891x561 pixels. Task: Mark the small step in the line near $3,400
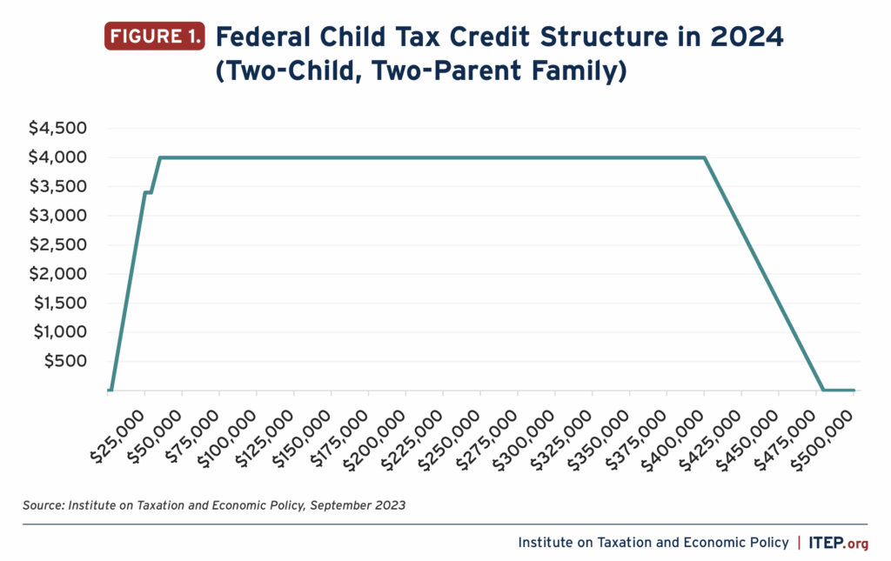pyautogui.click(x=148, y=192)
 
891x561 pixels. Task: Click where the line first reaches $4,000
pyautogui.click(x=160, y=157)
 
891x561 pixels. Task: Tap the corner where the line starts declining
pyautogui.click(x=704, y=157)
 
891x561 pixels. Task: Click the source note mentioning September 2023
pyautogui.click(x=224, y=504)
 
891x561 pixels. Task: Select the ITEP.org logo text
pyautogui.click(x=839, y=543)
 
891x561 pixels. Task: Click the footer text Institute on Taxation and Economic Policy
pyautogui.click(x=653, y=543)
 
